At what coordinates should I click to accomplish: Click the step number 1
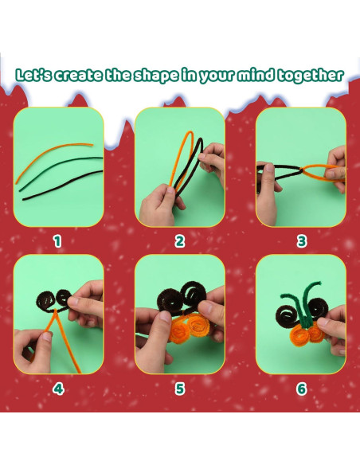57,241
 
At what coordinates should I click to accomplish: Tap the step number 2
180,241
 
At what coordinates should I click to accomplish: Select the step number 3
301,241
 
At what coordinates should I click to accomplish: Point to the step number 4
58,389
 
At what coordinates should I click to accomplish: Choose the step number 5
180,389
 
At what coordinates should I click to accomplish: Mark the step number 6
301,389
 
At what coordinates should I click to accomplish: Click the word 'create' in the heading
78,76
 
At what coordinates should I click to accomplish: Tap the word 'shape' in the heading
156,76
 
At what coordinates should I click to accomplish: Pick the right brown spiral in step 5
194,293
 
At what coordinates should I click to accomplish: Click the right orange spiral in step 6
315,332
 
